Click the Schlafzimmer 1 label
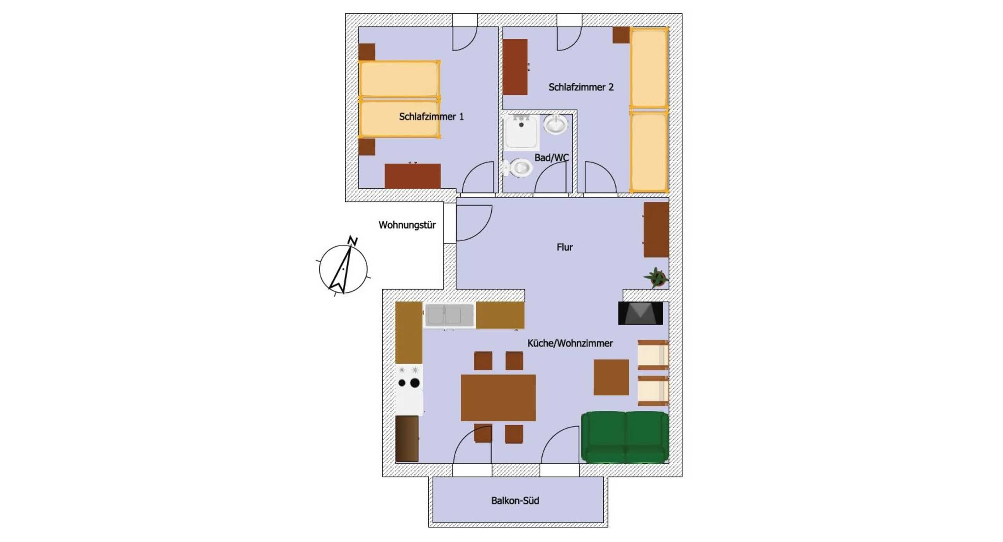click(431, 116)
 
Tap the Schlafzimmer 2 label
click(581, 87)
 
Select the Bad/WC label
click(551, 157)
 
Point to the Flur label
click(565, 247)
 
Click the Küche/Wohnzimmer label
click(570, 343)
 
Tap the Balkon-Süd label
click(515, 500)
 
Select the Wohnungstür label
click(407, 225)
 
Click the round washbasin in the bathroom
click(556, 125)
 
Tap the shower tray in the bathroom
click(521, 132)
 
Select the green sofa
click(625, 437)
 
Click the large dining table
click(498, 397)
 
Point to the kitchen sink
click(449, 315)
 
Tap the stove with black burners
click(409, 390)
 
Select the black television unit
click(641, 313)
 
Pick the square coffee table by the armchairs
click(611, 377)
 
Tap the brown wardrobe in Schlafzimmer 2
click(515, 67)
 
